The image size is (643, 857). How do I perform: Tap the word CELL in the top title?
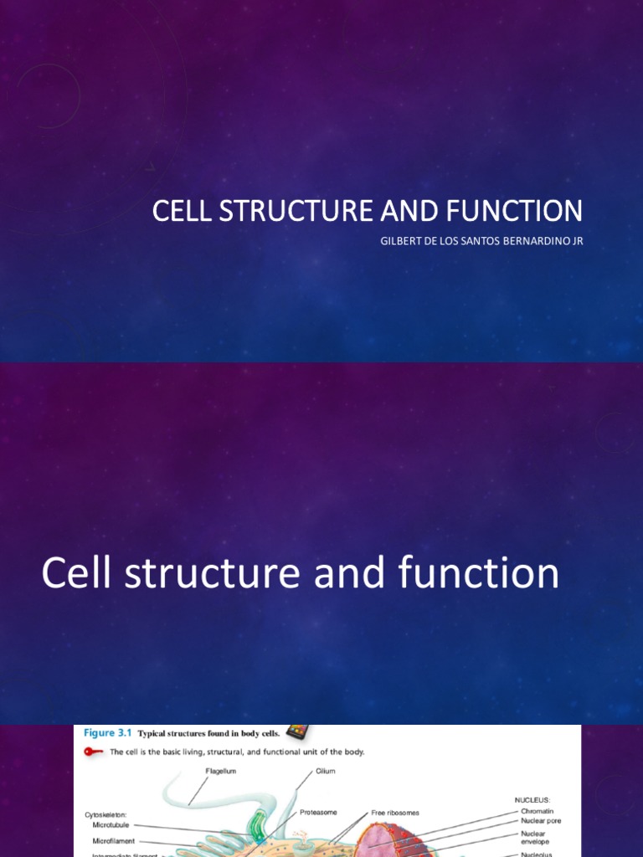pyautogui.click(x=182, y=210)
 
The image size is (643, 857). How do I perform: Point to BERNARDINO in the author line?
pyautogui.click(x=529, y=242)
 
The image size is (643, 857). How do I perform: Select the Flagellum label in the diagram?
pyautogui.click(x=221, y=771)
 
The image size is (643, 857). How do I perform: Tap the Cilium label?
pyautogui.click(x=325, y=771)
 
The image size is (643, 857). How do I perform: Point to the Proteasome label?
pyautogui.click(x=318, y=812)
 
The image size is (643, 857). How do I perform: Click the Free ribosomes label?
pyautogui.click(x=396, y=812)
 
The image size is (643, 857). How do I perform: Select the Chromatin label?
pyautogui.click(x=538, y=811)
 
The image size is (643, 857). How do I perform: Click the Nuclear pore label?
pyautogui.click(x=541, y=821)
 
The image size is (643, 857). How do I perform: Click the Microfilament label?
pyautogui.click(x=114, y=841)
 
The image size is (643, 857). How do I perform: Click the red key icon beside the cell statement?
pyautogui.click(x=94, y=752)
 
